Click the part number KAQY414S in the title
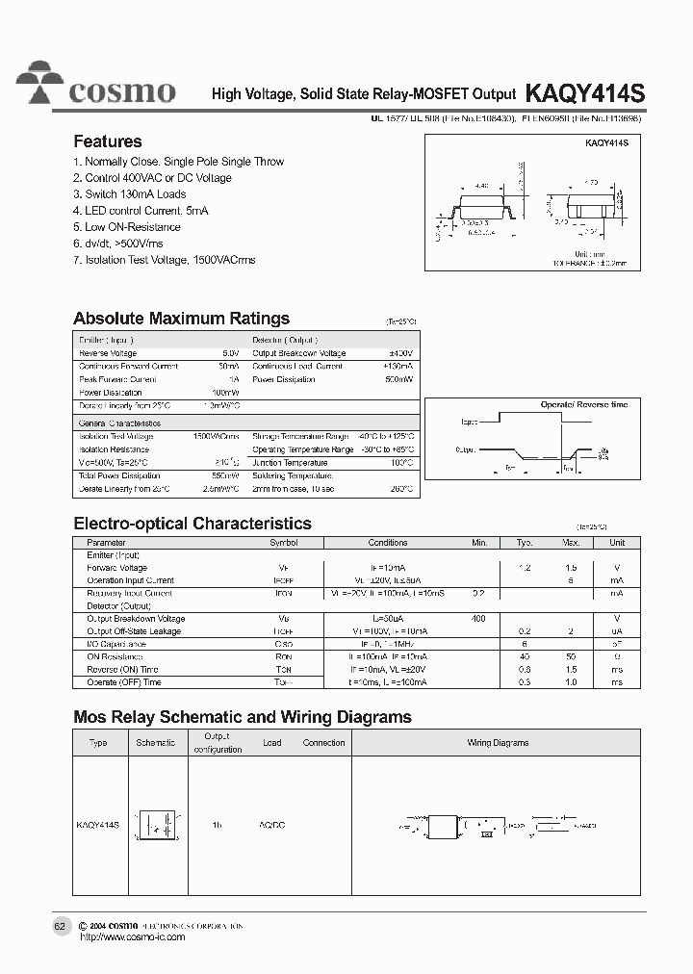(584, 92)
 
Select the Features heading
(108, 141)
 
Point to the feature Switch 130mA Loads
(130, 194)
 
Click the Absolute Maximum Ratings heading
(181, 319)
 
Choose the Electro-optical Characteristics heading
(192, 524)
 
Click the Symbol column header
(284, 543)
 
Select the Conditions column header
(388, 543)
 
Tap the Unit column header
(617, 543)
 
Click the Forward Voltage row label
(116, 568)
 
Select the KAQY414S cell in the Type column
(98, 826)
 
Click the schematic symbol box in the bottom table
(156, 826)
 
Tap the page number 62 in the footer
(60, 926)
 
